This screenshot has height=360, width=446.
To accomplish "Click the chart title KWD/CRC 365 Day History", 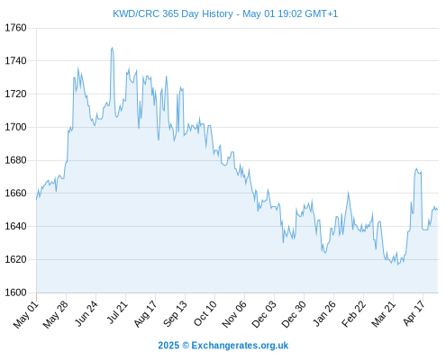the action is (173, 13).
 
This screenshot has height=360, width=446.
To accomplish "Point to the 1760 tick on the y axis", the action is (15, 28).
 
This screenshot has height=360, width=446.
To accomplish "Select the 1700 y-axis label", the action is (15, 127).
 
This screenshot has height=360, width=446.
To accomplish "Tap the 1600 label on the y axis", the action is (15, 292).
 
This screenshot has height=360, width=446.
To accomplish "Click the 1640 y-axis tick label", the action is (15, 226).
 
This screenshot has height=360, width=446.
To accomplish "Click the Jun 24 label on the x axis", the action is (86, 313).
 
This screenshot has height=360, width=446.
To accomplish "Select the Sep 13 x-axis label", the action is (176, 313).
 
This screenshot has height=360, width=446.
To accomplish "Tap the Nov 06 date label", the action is (234, 314).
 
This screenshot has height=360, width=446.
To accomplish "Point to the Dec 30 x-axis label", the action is (294, 314).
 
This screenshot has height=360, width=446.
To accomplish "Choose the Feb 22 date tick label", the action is (354, 314).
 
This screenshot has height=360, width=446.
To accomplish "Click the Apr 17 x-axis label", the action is (414, 313).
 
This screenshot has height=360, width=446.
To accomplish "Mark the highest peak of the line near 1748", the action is (112, 48).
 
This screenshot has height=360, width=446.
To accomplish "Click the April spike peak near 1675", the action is (416, 168).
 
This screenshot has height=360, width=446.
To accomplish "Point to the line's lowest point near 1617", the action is (398, 265).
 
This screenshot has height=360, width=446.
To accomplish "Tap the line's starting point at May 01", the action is (37, 199).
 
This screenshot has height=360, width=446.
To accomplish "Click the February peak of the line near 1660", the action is (349, 193).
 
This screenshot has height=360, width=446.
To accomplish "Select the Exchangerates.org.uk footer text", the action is (240, 346).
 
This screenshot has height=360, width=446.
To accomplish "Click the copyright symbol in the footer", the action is (186, 346).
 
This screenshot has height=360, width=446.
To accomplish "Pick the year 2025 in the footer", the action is (168, 346).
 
